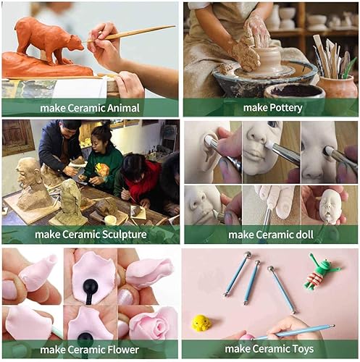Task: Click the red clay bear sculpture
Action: [x=49, y=41]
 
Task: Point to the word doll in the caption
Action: [x=305, y=235]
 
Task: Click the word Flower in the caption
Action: [x=123, y=350]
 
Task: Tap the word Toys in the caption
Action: [x=303, y=349]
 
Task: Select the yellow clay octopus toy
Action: [x=201, y=322]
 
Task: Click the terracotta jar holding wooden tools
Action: [x=338, y=87]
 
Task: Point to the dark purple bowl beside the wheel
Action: [x=295, y=91]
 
